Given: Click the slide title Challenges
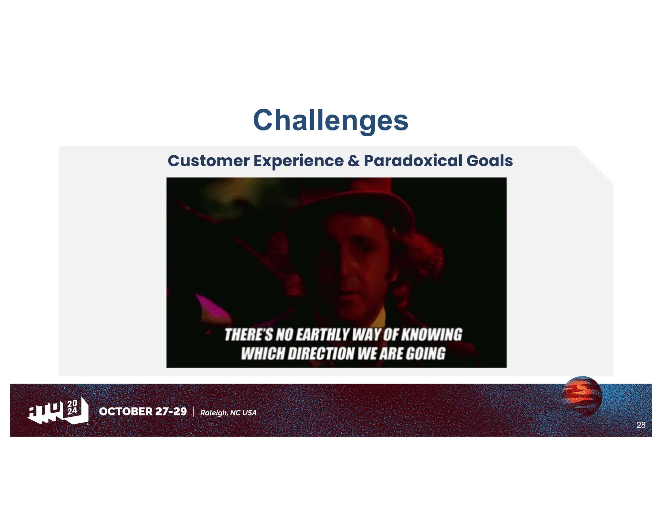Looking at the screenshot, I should click(x=331, y=120).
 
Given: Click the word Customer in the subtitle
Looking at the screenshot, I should click(x=208, y=161).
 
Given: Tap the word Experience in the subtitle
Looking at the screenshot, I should click(x=299, y=161).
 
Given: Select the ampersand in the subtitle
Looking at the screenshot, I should click(x=354, y=161).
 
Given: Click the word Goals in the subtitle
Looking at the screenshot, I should click(x=489, y=161).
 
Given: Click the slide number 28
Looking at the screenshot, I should click(x=641, y=425).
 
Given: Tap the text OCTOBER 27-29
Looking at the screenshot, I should click(x=143, y=411).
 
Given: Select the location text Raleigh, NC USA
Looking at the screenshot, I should click(x=228, y=413).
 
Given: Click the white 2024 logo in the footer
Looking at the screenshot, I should click(x=58, y=411).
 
